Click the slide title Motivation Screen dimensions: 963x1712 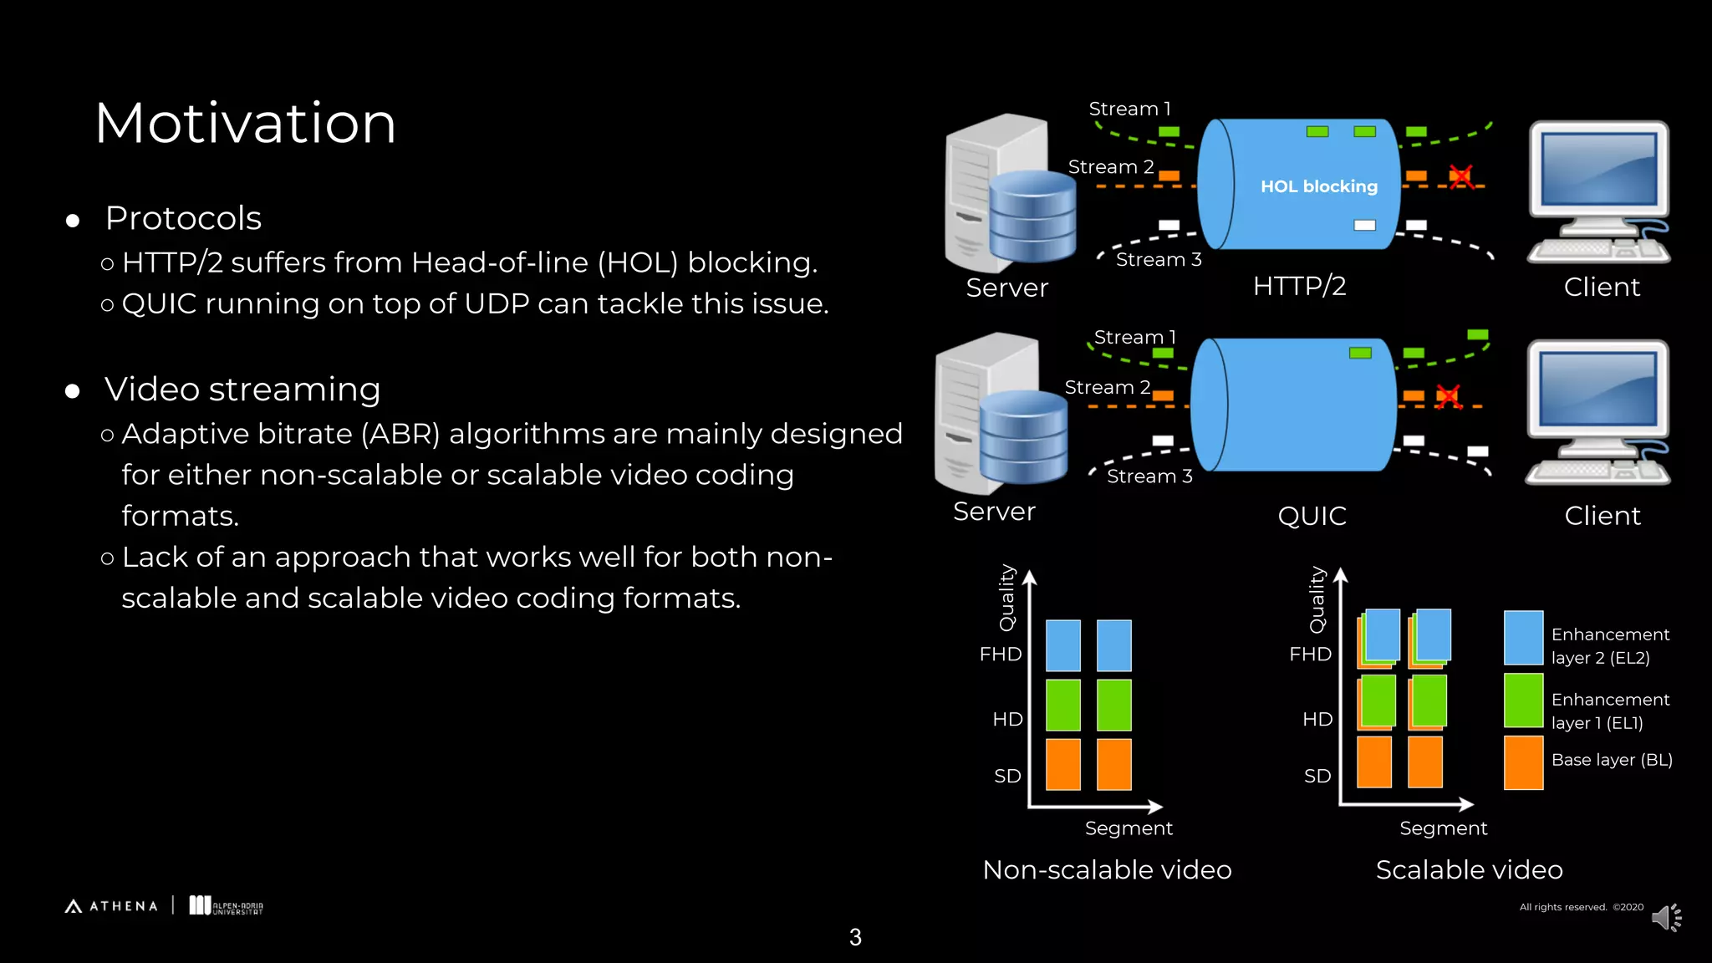(x=245, y=124)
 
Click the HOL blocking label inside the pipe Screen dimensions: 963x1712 (x=1318, y=186)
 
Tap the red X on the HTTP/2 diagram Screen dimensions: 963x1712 (x=1460, y=176)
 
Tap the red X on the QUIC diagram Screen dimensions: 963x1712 (x=1448, y=396)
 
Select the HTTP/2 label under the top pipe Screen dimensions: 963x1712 (x=1299, y=286)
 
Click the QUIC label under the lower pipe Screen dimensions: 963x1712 (x=1312, y=516)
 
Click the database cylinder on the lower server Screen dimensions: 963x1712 (x=1023, y=438)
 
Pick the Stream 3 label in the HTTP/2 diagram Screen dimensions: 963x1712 (x=1159, y=260)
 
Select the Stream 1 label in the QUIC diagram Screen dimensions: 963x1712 (x=1134, y=337)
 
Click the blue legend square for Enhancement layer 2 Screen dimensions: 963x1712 (x=1523, y=637)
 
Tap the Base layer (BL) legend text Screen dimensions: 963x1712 (x=1611, y=760)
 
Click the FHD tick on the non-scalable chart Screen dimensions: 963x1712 (x=1001, y=654)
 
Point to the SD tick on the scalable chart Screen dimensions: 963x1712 (x=1317, y=776)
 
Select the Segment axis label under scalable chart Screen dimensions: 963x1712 (x=1443, y=828)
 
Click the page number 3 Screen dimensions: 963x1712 (x=855, y=937)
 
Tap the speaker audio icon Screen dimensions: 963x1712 (x=1666, y=918)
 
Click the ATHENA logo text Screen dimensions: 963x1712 (x=123, y=906)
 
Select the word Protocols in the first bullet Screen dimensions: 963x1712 (x=183, y=218)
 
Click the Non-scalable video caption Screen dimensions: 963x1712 (x=1107, y=870)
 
